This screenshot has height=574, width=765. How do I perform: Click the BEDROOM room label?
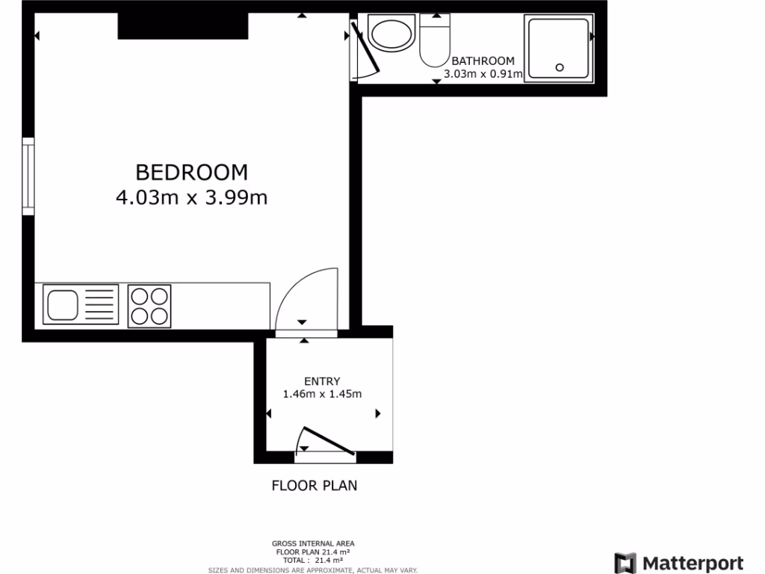(x=191, y=172)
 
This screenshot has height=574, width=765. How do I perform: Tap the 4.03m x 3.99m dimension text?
(x=191, y=198)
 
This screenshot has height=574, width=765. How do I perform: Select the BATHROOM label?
(x=483, y=61)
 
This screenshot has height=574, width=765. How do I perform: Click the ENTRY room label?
(x=322, y=380)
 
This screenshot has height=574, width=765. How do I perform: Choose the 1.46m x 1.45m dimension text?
(x=322, y=394)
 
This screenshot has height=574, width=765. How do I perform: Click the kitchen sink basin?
(x=62, y=305)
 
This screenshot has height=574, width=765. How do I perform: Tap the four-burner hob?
(x=149, y=306)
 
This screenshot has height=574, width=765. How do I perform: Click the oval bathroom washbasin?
(x=391, y=34)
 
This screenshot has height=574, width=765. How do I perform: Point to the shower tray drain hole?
(x=560, y=67)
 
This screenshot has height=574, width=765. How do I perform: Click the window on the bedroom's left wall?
(x=28, y=176)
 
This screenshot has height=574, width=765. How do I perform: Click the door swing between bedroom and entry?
(x=306, y=299)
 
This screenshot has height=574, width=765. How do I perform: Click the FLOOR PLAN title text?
(x=314, y=486)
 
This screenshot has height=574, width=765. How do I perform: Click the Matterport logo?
(x=678, y=563)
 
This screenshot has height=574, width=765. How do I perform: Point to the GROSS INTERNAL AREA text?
(x=313, y=543)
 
